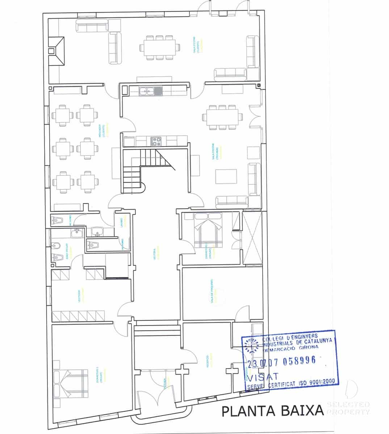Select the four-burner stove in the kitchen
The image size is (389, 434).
(156, 141)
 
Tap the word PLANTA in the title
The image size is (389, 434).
(246, 411)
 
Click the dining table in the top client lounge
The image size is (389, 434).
(160, 47)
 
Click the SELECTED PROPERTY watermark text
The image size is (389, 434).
(348, 408)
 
